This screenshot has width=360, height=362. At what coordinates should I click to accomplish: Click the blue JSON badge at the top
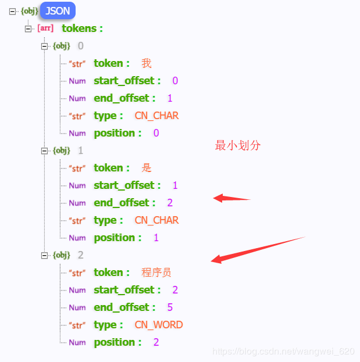click(x=58, y=11)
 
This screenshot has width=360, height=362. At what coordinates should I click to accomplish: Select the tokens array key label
click(x=82, y=28)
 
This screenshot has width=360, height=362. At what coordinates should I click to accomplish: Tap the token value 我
click(x=147, y=63)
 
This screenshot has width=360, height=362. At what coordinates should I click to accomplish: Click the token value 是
click(x=147, y=168)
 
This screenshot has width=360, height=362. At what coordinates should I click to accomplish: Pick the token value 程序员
click(x=156, y=273)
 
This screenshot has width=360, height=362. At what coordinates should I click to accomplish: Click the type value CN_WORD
click(x=158, y=325)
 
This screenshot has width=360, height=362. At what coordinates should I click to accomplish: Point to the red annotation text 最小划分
click(x=238, y=146)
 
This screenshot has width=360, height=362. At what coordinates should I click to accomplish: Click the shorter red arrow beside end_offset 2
click(x=231, y=199)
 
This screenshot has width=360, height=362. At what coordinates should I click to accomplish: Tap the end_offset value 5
click(x=170, y=307)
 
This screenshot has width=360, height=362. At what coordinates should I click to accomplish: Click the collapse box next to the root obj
click(x=12, y=11)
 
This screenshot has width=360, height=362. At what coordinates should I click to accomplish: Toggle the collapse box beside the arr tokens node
click(x=28, y=28)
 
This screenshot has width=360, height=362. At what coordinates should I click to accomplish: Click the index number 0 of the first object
click(x=81, y=46)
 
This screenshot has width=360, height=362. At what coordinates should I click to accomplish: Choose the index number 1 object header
click(x=81, y=150)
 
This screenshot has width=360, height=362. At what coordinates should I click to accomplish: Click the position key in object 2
click(x=117, y=342)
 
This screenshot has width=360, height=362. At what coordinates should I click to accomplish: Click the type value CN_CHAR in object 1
click(x=156, y=220)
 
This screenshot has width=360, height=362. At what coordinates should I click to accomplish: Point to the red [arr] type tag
click(x=45, y=28)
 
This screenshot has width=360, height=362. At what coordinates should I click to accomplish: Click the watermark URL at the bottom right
click(x=283, y=352)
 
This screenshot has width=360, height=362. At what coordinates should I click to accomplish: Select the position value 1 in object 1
click(x=156, y=238)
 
